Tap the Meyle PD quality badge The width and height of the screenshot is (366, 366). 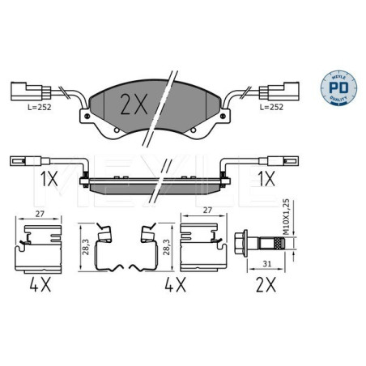(340, 86)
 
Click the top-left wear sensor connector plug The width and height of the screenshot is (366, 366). (23, 90)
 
